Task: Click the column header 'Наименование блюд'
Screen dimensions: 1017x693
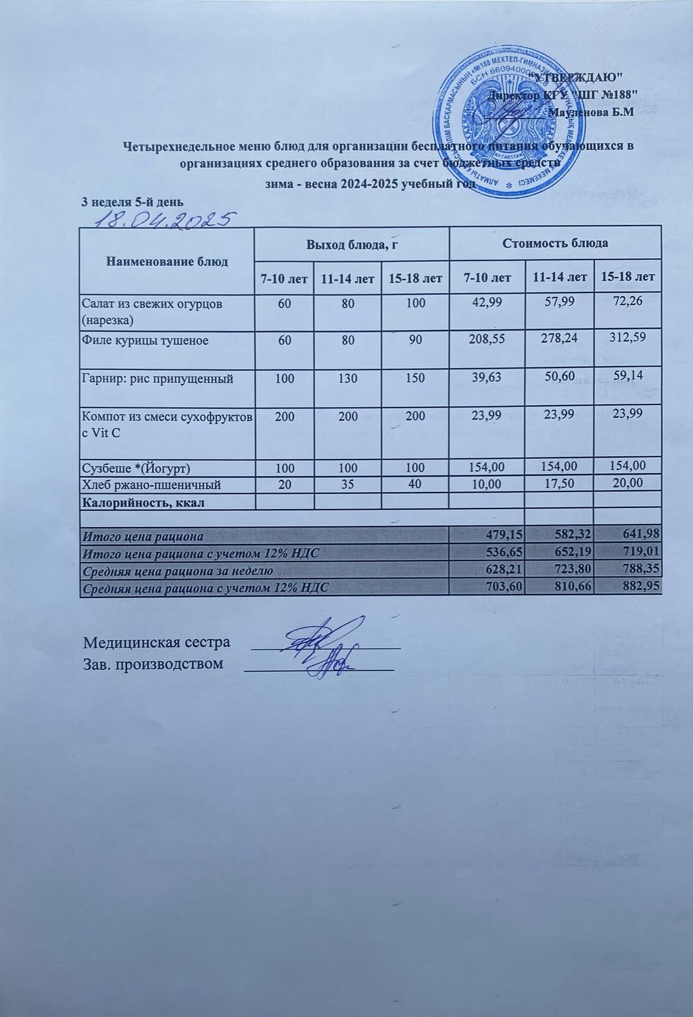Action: [167, 261]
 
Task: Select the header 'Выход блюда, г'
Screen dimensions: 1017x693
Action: [352, 243]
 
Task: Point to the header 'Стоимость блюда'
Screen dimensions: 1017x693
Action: [556, 243]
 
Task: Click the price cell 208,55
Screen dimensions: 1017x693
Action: [486, 340]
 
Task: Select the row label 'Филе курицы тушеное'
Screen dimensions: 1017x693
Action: [146, 341]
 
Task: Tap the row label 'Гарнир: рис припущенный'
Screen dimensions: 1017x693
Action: [158, 379]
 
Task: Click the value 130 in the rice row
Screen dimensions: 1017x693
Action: [347, 379]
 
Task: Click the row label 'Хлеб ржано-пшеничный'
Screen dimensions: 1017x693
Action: [152, 485]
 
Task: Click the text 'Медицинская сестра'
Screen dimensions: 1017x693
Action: [157, 642]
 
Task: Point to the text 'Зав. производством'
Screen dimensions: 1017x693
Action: [154, 664]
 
